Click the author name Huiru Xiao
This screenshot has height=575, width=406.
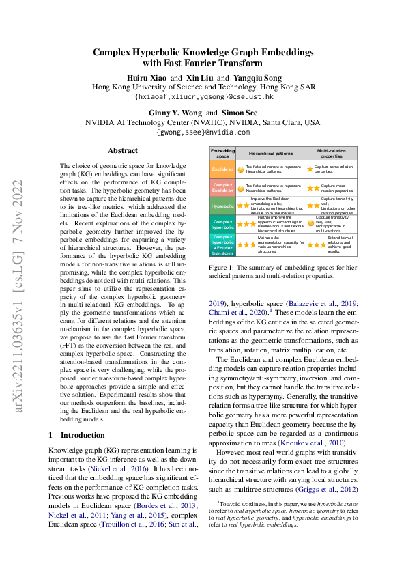[x=145, y=77]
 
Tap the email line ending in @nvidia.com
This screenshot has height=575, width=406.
[x=203, y=132]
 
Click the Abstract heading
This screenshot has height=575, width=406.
[x=123, y=150]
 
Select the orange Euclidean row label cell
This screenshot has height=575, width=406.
[x=222, y=169]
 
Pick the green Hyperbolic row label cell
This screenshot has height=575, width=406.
[x=222, y=205]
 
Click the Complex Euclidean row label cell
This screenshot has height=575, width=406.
[x=222, y=186]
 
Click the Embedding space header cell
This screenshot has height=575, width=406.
[x=222, y=153]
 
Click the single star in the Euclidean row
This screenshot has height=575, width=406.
[x=310, y=169]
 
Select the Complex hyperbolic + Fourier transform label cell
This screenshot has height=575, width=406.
[x=222, y=242]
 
